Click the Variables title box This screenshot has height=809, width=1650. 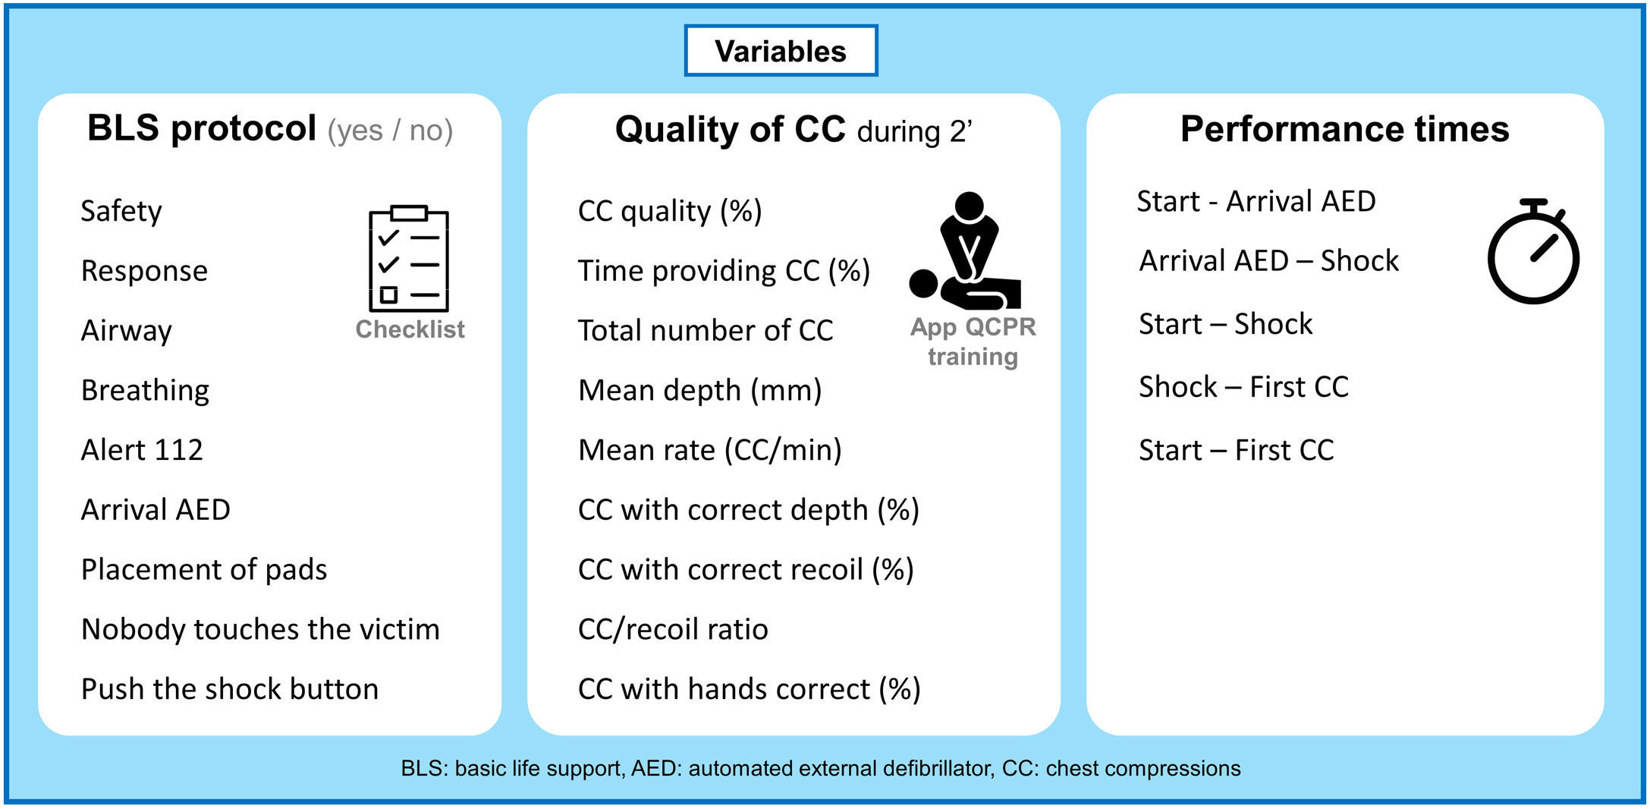[781, 51]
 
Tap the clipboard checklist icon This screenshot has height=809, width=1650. [409, 258]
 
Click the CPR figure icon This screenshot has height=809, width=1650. [965, 251]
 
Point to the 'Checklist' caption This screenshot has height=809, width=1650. [410, 329]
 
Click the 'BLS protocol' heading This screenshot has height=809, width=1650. [202, 128]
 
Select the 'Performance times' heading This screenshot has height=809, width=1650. [1345, 129]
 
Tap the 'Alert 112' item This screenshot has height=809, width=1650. [142, 450]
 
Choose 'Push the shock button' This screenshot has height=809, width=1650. [230, 689]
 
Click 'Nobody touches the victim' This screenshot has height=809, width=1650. [260, 629]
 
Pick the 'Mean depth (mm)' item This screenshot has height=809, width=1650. [700, 391]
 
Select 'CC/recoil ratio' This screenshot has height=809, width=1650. [673, 630]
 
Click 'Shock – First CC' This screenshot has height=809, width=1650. [1244, 387]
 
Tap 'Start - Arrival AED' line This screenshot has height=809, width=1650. [1256, 201]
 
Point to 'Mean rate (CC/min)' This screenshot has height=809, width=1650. [710, 451]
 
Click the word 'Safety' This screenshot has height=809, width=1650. [121, 212]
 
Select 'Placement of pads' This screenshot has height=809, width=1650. [204, 570]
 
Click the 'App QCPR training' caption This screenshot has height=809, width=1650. [973, 342]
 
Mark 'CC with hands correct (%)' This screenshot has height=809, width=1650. [750, 690]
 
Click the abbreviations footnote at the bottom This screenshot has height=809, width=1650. [821, 769]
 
